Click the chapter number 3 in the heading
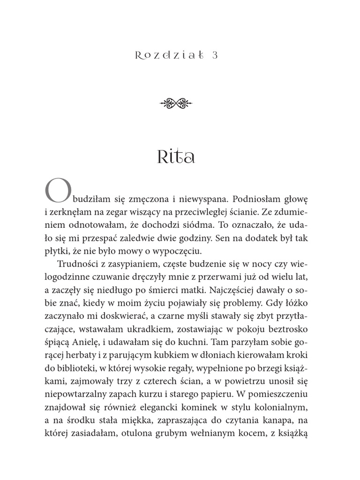(215, 55)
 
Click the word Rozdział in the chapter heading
(169, 55)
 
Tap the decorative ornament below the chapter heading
(180, 103)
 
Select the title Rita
(176, 157)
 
